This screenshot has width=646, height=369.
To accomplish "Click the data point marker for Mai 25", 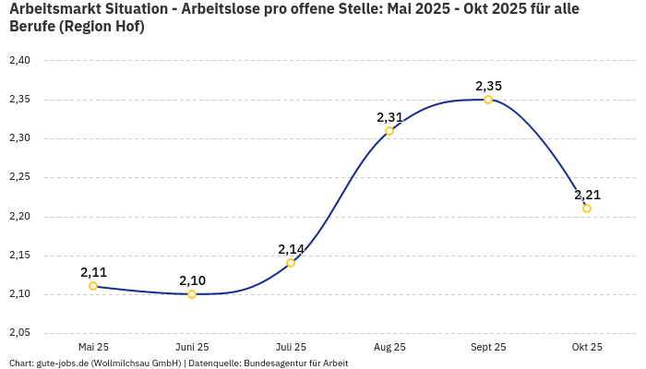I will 93,286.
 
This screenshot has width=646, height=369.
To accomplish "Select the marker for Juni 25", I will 192,294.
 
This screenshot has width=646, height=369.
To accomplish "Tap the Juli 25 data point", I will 291,263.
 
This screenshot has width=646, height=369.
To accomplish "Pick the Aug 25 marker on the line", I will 389,131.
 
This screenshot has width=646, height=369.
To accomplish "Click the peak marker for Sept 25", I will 488,100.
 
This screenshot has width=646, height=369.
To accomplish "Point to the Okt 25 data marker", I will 587,208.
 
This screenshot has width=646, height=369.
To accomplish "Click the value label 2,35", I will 488,86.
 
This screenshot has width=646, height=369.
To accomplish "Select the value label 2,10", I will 192,280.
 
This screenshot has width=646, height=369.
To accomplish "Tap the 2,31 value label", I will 389,117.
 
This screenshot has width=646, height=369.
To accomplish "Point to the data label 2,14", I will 291,249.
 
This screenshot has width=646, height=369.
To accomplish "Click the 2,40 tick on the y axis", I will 19,61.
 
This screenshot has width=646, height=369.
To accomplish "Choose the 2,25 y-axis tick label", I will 19,177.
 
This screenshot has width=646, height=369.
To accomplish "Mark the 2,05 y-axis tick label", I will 19,332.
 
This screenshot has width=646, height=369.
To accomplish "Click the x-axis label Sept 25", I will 488,347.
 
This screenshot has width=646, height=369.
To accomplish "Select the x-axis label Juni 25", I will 192,347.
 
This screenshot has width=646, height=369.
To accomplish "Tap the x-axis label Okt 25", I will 587,347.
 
